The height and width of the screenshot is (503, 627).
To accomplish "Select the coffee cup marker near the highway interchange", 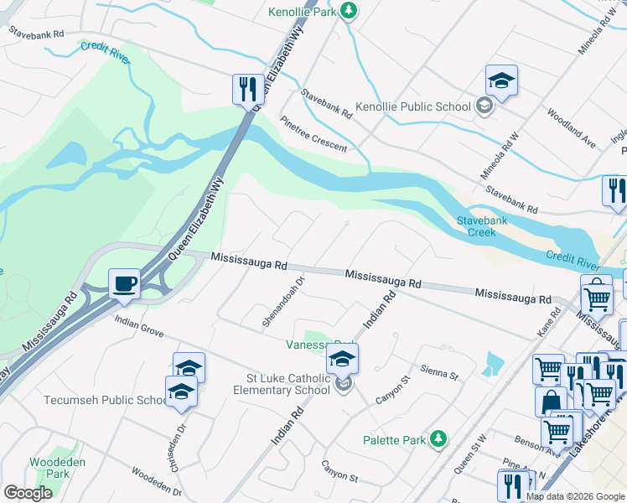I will [x=124, y=283].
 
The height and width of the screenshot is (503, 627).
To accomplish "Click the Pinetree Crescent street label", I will [x=313, y=133].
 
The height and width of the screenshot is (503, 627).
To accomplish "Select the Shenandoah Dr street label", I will [x=282, y=303].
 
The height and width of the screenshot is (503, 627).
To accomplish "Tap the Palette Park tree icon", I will [x=438, y=439].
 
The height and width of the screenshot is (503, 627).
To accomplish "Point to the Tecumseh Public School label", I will [x=106, y=400].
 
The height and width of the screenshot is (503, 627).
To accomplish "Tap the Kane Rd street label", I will [x=550, y=323].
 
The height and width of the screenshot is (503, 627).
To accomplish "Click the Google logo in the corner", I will [x=28, y=493].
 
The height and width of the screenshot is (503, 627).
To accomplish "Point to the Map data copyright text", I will [x=574, y=496].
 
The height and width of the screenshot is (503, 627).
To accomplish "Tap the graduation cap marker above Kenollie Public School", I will [x=501, y=81].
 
